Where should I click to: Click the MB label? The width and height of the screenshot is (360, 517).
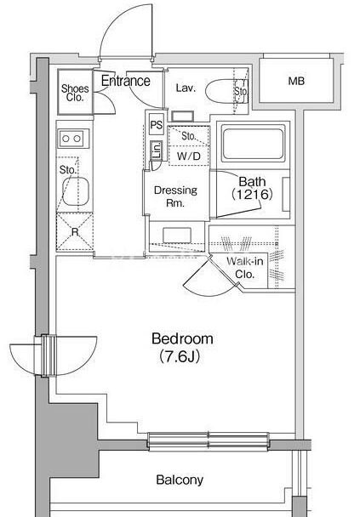(x=296, y=81)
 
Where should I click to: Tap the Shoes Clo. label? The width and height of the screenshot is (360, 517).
(x=75, y=93)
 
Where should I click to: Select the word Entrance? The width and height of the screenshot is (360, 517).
(x=126, y=81)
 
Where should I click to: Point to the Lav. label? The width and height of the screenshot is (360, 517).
(x=186, y=88)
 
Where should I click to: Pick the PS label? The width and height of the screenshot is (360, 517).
(x=157, y=125)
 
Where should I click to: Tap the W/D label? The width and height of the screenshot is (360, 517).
(x=188, y=156)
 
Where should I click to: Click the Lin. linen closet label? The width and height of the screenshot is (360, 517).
(x=157, y=151)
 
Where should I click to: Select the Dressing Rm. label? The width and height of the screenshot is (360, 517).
(x=175, y=196)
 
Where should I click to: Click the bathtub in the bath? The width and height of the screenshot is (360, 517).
(x=254, y=144)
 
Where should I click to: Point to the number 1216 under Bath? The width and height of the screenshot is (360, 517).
(x=252, y=194)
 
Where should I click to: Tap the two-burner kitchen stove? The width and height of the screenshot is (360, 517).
(x=73, y=139)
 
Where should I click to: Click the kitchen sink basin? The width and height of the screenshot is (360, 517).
(x=76, y=191)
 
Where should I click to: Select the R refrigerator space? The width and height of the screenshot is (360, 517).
(x=75, y=232)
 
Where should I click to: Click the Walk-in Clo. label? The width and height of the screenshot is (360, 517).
(x=245, y=267)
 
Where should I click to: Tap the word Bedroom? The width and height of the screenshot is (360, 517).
(x=182, y=339)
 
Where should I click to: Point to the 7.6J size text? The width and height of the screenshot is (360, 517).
(x=180, y=356)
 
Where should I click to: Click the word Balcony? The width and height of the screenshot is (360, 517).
(x=180, y=480)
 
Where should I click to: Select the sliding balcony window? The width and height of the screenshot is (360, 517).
(x=209, y=441)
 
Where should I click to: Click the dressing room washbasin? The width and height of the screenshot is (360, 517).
(x=177, y=235)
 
